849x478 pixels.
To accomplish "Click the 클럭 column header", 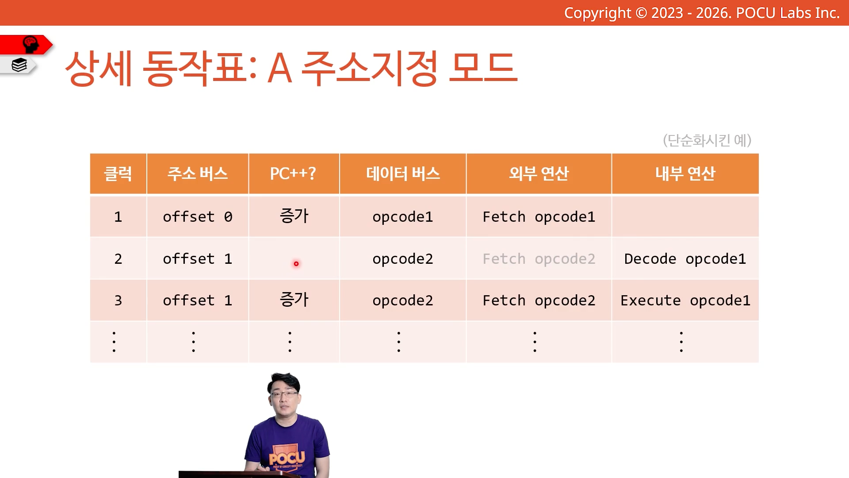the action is point(118,173).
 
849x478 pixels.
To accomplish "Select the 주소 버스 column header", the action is point(197,173).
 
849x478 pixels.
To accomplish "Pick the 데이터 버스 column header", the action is point(403,173).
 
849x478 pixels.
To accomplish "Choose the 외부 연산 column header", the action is point(539,173).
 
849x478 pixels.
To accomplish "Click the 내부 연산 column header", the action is point(685,173).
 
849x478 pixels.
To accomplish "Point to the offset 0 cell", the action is point(197,217).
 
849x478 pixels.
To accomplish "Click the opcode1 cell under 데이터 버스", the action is point(403,217).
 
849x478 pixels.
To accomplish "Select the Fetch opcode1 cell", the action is point(539,217).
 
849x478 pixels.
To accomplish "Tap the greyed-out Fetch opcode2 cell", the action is point(539,259).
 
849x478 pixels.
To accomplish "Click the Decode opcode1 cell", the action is point(685,259).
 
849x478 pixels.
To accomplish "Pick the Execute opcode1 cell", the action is point(685,301).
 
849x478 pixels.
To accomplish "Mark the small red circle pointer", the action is point(296,264).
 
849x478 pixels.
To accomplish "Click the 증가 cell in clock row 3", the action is point(294,300).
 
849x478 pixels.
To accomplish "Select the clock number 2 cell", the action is point(118,259).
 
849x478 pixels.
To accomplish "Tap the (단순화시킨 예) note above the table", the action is point(707,140).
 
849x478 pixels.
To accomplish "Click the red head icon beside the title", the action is point(31,45).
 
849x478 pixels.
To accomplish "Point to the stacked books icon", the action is point(19,65).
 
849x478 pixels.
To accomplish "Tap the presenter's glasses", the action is point(284,394).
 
